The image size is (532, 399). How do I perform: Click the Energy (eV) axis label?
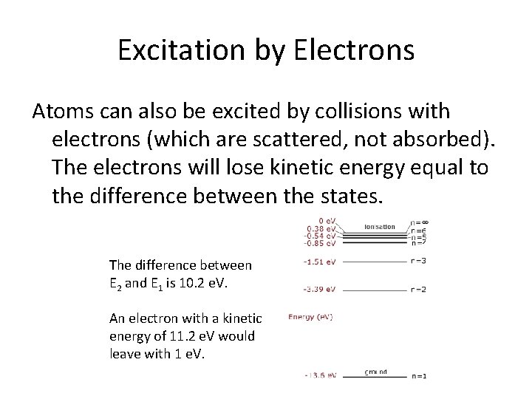310,318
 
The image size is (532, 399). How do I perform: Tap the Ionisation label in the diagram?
379,226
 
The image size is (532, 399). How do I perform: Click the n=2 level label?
419,289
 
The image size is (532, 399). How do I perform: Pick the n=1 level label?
419,376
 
